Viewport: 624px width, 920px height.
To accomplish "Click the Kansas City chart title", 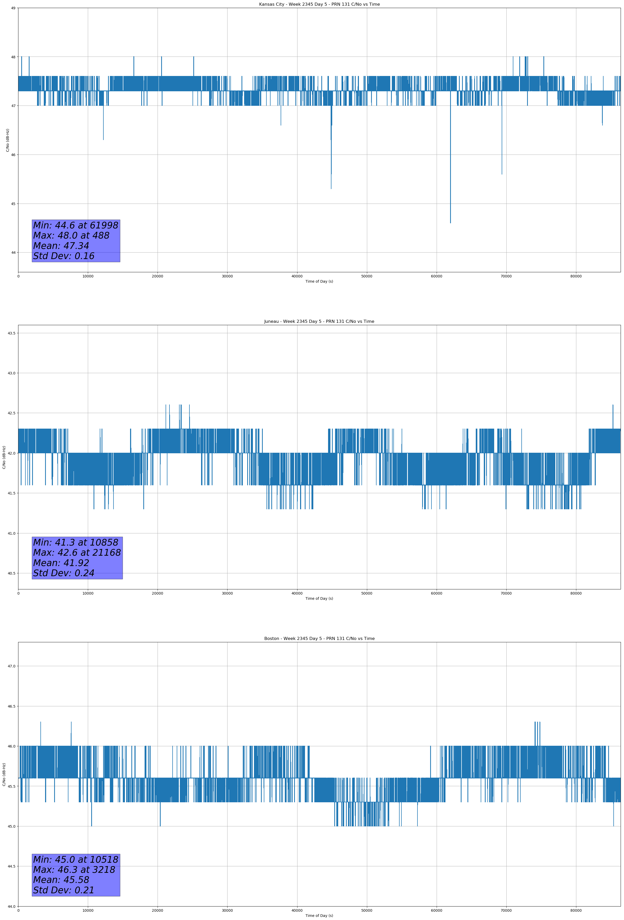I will click(319, 4).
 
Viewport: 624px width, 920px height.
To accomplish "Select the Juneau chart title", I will click(319, 322).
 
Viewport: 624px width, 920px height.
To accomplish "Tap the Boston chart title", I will click(319, 639).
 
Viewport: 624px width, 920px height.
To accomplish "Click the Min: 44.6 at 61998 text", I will click(76, 225).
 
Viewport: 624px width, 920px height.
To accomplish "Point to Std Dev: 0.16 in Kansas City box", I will click(64, 256).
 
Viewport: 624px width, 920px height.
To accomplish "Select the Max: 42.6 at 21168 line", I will click(77, 553).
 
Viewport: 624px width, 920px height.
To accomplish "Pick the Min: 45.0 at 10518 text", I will click(76, 859).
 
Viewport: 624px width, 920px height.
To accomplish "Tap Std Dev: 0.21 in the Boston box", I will click(64, 890).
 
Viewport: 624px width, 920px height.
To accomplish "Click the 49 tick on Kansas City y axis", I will click(13, 8).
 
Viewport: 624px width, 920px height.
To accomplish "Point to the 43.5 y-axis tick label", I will click(11, 333).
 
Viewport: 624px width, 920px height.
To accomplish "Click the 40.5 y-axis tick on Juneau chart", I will click(11, 573).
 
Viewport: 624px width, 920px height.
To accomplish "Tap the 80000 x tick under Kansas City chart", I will click(576, 276).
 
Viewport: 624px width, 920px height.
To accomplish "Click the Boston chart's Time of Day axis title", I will click(319, 916).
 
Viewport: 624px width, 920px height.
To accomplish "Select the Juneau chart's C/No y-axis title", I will click(4, 457).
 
